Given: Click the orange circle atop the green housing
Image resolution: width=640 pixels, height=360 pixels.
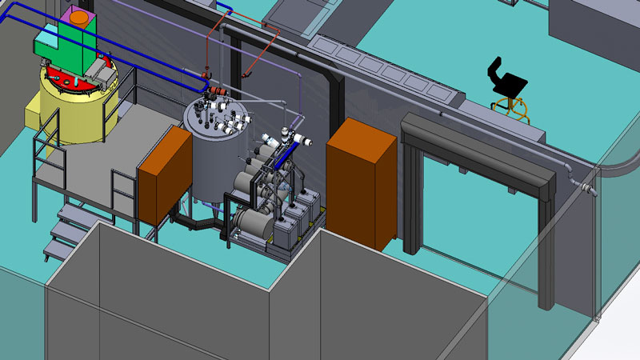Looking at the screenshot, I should click(x=79, y=14).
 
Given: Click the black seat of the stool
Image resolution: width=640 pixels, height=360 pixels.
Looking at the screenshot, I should click(x=511, y=82).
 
